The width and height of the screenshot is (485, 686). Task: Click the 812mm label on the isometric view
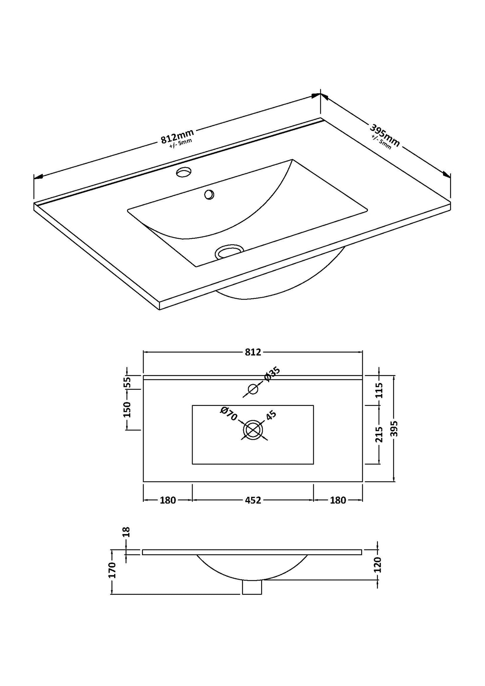177,136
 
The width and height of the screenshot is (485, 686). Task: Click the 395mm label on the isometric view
385,136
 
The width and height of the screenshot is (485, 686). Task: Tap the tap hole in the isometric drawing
184,172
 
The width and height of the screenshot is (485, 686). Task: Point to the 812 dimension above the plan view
253,352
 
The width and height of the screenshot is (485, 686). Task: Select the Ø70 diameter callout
229,414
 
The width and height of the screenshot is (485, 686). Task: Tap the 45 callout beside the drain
271,416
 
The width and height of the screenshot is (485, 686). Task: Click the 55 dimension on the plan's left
127,382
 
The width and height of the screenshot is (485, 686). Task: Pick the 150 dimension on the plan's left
127,409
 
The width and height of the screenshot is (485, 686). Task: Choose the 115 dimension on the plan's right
379,390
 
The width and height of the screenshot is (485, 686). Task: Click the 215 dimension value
379,435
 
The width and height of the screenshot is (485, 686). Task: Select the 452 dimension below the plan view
253,500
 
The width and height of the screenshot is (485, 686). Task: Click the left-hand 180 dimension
168,500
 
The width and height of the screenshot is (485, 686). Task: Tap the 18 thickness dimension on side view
127,541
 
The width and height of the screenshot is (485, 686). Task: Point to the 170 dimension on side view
112,570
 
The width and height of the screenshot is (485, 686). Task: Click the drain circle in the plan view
253,430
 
